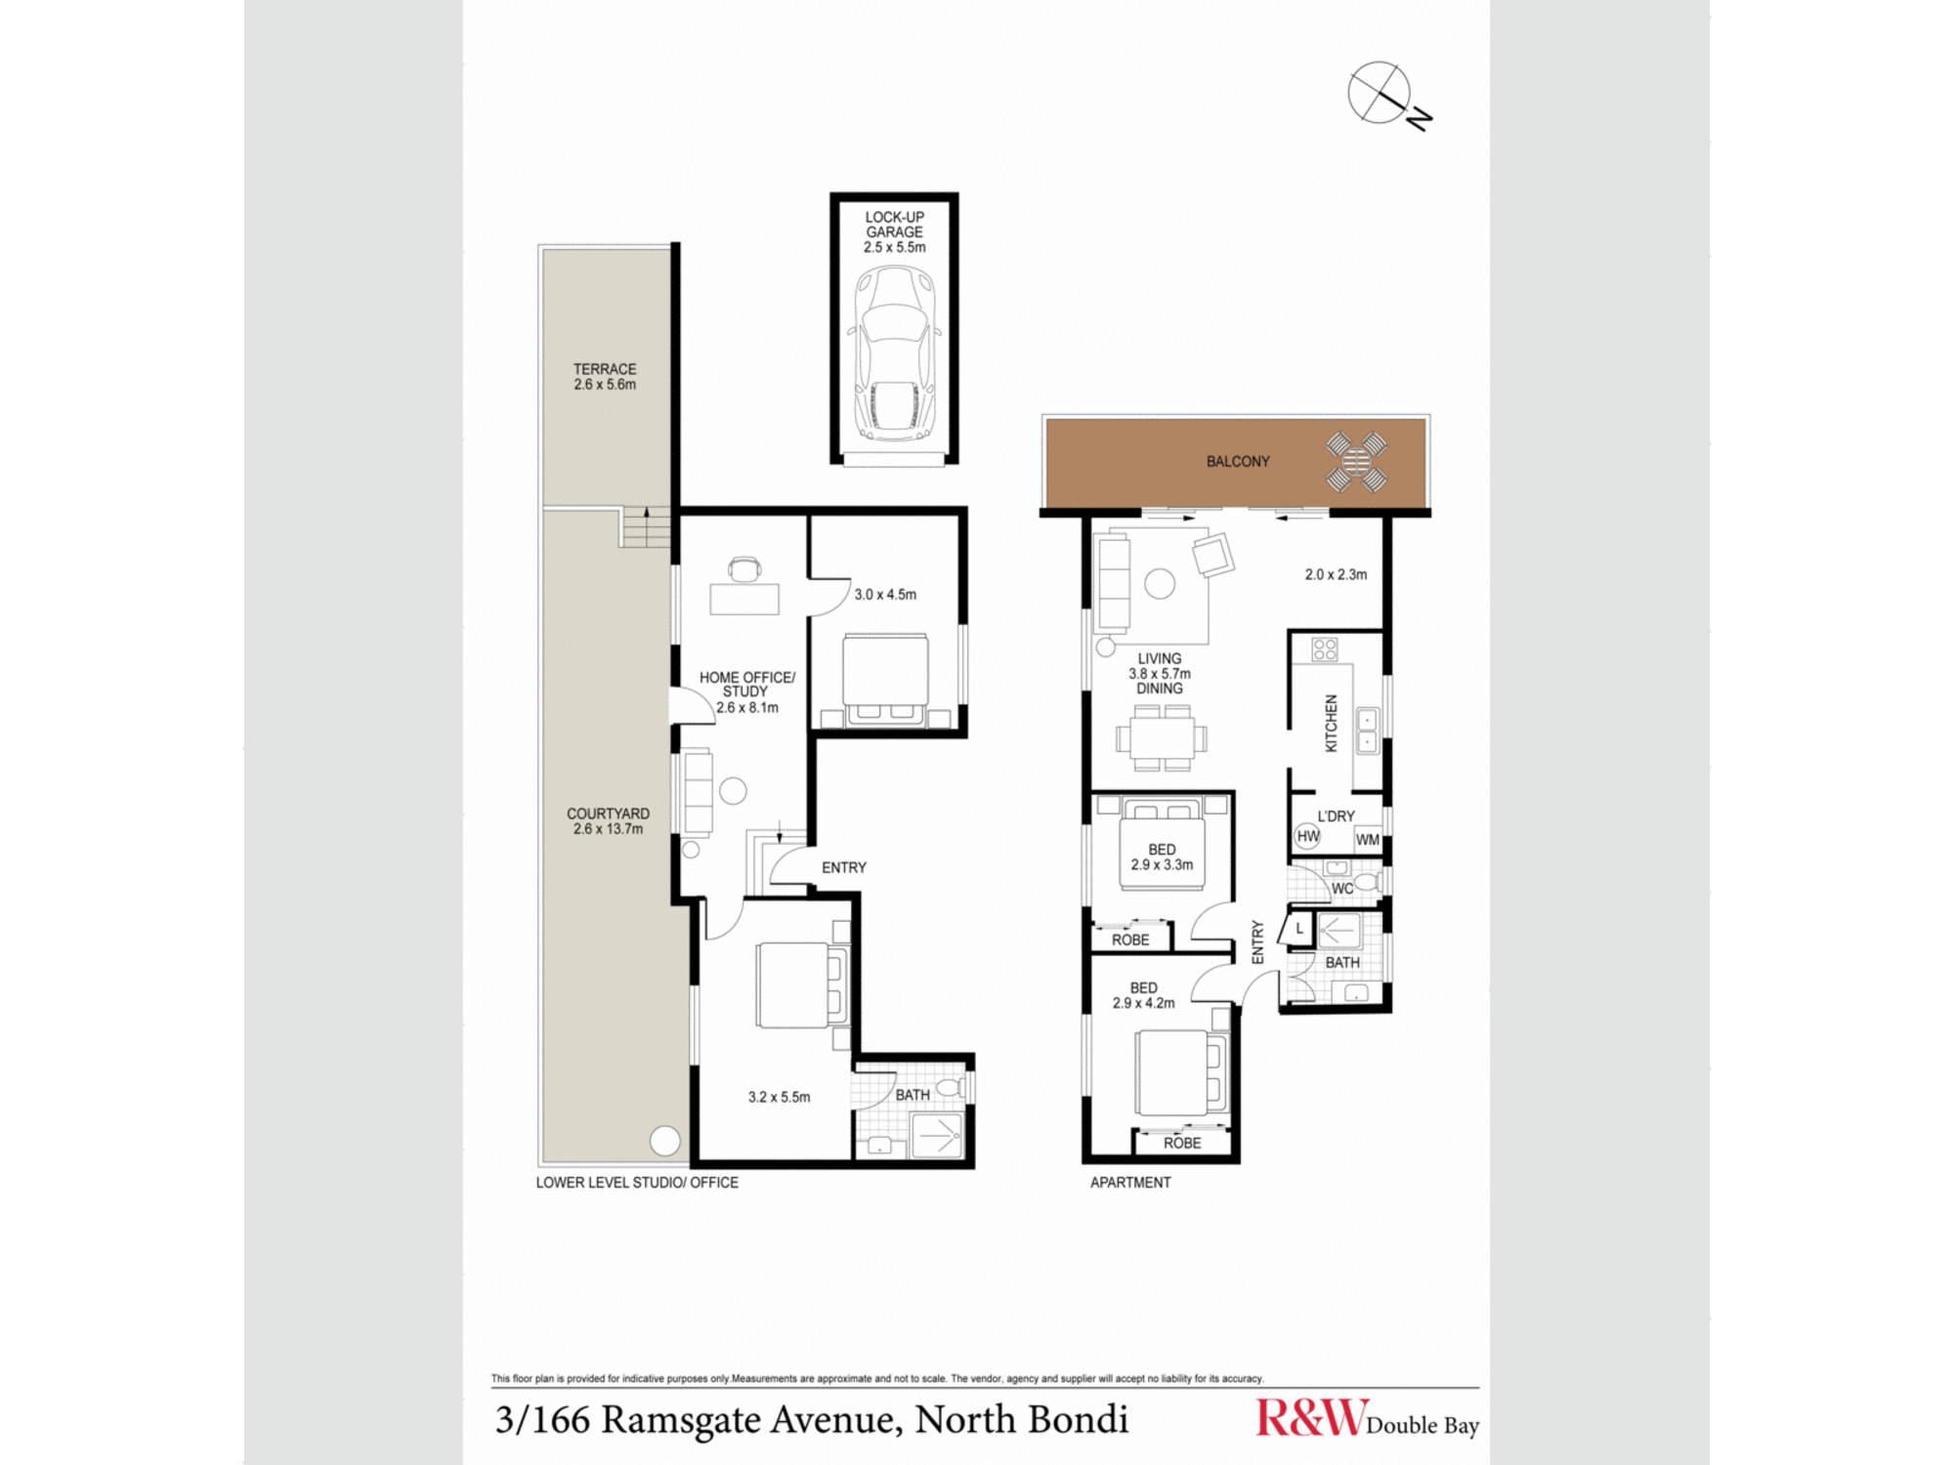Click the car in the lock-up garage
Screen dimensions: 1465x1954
(894, 354)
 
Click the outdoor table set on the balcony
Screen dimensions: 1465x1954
(1356, 461)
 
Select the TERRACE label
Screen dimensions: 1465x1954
(605, 369)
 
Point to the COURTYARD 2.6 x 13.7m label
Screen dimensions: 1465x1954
(608, 821)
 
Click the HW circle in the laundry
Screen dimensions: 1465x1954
(1307, 836)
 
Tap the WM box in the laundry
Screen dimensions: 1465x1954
(1368, 839)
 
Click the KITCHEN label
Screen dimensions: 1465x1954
(1331, 723)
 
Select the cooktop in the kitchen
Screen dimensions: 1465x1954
(1325, 649)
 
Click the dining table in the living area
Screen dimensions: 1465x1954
(1162, 738)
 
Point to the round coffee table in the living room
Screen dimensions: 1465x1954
(1160, 584)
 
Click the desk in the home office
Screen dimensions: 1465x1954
(744, 599)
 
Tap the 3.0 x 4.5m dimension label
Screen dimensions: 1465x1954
(885, 594)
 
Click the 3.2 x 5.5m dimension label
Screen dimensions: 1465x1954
(779, 1097)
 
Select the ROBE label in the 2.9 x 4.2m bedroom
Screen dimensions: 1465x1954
(1182, 1143)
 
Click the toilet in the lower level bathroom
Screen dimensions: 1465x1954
(951, 1087)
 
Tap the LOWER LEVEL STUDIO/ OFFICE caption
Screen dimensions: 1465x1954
(637, 1183)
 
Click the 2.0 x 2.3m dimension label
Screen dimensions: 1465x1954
(1336, 574)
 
